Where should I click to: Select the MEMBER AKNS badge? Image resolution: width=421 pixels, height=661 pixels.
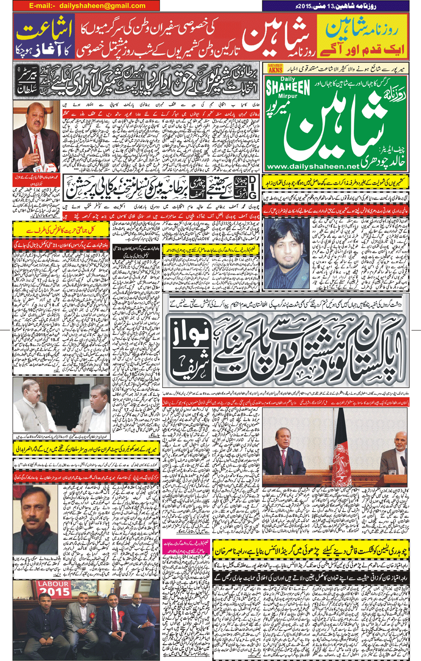coord(275,68)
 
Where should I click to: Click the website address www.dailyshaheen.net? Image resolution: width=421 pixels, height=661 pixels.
coord(312,166)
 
